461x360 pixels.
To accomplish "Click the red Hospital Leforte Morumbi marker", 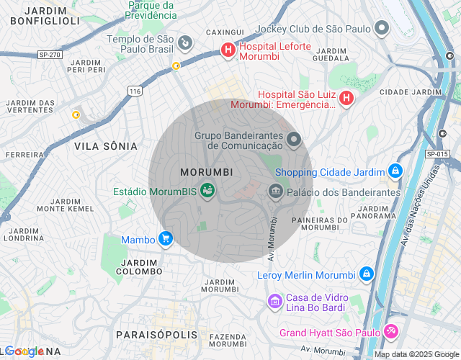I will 228,50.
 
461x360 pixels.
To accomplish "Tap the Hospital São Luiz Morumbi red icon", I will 346,98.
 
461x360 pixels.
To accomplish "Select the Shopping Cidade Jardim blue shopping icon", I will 395,171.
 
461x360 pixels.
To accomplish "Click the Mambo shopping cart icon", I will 166,238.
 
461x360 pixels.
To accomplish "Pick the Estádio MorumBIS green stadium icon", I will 207,191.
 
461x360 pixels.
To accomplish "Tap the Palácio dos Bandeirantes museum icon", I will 274,192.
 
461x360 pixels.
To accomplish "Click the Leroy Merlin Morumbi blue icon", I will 367,274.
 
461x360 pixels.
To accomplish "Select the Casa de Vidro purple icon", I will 274,301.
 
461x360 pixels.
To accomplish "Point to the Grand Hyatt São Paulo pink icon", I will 390,331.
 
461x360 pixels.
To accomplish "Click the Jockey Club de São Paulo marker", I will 382,29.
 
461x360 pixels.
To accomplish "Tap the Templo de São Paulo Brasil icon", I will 185,43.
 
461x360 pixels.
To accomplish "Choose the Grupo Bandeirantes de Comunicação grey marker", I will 293,139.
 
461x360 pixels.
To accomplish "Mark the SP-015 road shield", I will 437,154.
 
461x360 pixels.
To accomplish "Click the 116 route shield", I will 135,90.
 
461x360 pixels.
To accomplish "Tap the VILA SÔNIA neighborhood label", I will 105,146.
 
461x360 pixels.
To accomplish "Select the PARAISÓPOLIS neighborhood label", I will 156,335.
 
